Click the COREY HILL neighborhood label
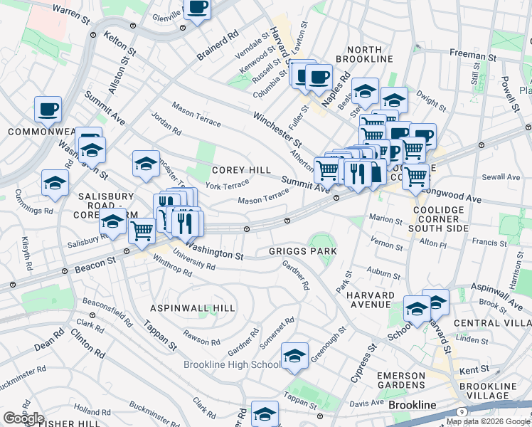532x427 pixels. tap(241, 170)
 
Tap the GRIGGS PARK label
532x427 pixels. tap(302, 251)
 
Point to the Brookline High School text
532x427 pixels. tap(232, 365)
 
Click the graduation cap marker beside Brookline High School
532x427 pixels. tap(294, 357)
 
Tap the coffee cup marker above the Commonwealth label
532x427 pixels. tap(48, 110)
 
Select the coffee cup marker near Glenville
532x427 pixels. tap(197, 9)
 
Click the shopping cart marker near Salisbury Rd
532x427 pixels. tap(142, 231)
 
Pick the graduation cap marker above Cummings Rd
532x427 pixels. tap(55, 184)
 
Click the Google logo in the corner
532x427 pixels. tap(23, 418)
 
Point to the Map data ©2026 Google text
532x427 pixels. tap(488, 421)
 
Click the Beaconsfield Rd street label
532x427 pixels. tap(107, 310)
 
